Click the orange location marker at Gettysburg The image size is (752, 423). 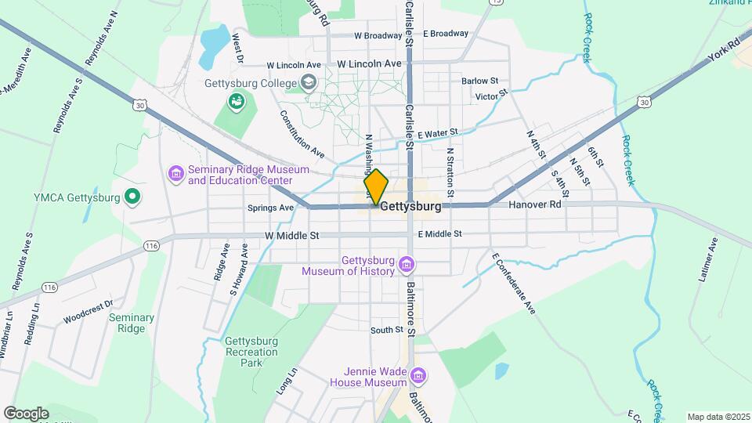[376, 187]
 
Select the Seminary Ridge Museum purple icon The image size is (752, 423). [175, 172]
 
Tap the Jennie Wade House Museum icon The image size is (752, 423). [418, 377]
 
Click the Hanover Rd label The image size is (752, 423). [535, 204]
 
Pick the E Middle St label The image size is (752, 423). [439, 233]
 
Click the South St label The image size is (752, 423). [386, 330]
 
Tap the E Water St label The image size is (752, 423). [436, 135]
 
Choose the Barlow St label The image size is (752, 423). [479, 81]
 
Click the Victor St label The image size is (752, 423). [491, 96]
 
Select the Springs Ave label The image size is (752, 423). [270, 208]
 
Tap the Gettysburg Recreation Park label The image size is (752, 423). [251, 352]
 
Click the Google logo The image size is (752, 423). [26, 414]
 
